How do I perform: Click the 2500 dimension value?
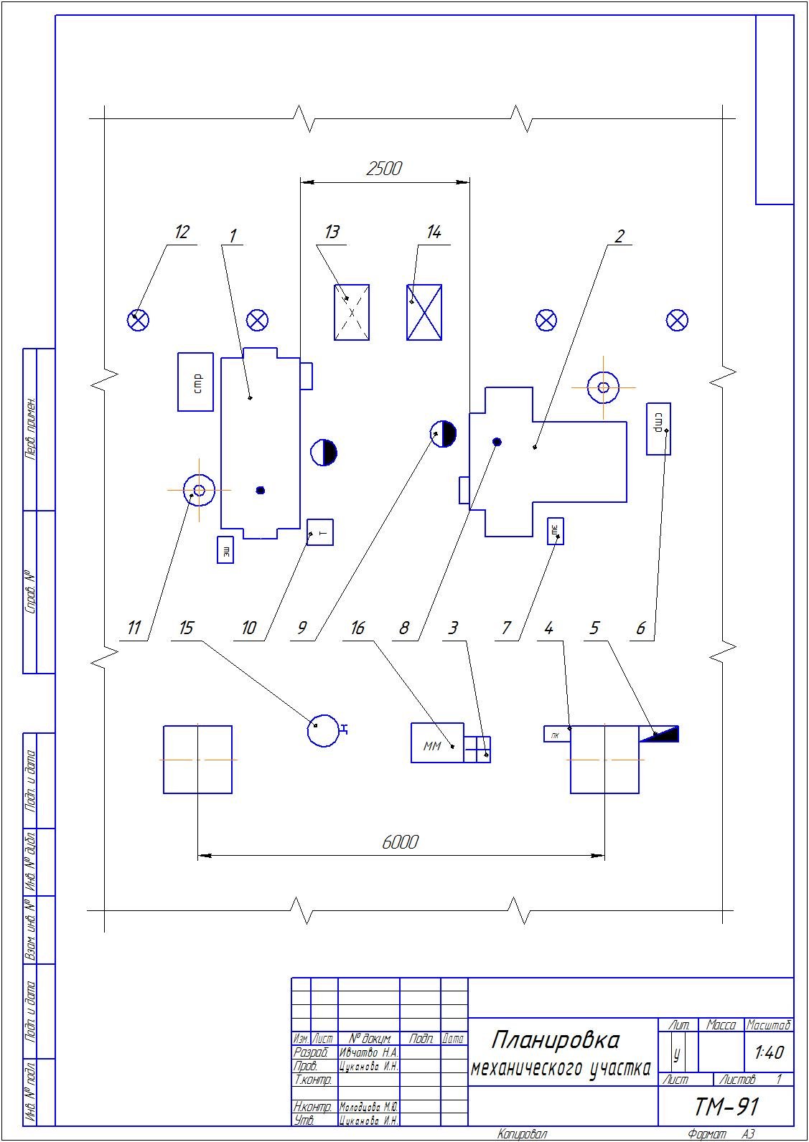[384, 169]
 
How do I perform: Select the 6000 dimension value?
[400, 841]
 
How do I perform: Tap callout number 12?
[182, 232]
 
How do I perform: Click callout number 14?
[434, 232]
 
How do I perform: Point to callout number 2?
[619, 235]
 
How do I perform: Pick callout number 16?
[357, 628]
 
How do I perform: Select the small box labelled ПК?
[556, 735]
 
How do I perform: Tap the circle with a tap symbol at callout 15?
[323, 730]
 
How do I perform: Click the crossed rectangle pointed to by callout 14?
[424, 312]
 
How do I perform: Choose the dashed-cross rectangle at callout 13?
[352, 312]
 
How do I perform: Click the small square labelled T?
[320, 532]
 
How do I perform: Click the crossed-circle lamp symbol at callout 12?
[138, 320]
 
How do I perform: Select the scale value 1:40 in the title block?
[769, 1052]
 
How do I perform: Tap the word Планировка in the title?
[556, 1039]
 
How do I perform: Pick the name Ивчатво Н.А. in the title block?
[368, 1052]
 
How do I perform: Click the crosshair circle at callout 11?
[199, 490]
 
